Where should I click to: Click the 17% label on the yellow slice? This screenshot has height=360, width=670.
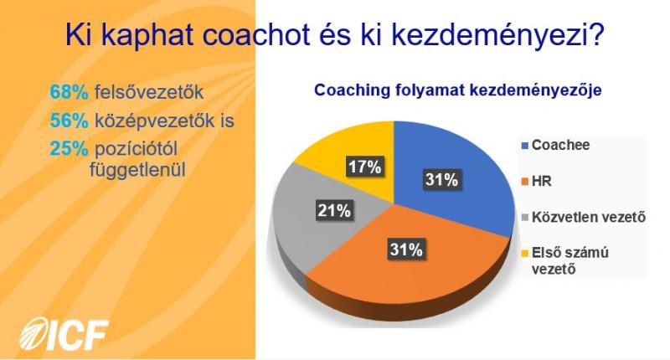[364, 167]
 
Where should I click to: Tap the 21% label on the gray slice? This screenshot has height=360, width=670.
[334, 210]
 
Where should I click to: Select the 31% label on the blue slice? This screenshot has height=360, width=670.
[442, 179]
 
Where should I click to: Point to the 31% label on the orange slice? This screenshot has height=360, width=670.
[406, 249]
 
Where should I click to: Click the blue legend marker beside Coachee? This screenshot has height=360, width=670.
[525, 146]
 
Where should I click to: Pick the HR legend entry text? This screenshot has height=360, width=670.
[542, 181]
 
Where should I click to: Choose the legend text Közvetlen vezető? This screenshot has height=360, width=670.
[589, 217]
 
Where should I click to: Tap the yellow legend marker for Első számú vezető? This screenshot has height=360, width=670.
[525, 254]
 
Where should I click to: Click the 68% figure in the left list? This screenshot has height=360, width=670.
[69, 92]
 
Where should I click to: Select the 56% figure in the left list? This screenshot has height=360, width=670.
[69, 121]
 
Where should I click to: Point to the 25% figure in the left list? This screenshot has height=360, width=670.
[69, 149]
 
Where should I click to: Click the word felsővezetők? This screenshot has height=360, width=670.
[149, 92]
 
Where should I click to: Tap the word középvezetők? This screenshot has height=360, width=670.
[154, 121]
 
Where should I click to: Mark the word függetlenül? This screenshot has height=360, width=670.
[137, 170]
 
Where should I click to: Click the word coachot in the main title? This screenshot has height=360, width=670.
[256, 34]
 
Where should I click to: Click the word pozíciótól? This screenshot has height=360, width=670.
[136, 150]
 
